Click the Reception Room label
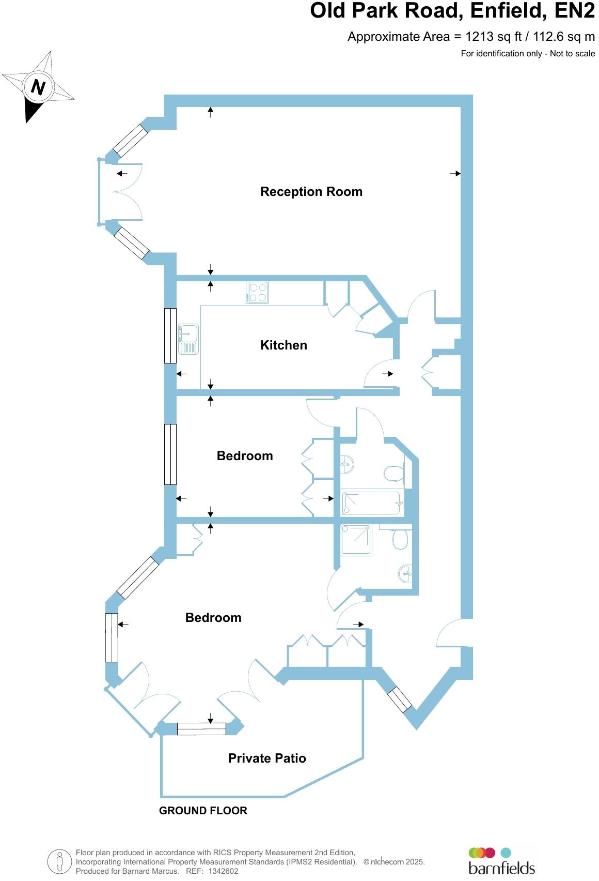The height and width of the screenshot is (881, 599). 311,192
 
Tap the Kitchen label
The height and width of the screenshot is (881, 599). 283,345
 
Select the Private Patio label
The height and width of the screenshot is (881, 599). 267,758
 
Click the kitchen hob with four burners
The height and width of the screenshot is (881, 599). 257,292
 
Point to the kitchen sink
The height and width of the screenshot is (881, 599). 188,339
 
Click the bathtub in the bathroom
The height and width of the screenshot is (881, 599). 371,503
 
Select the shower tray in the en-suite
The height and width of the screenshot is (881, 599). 356,540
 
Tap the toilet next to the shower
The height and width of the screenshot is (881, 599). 400,540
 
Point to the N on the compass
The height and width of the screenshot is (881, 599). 38,86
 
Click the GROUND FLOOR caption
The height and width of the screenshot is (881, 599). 203,811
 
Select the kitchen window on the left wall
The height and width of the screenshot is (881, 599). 170,336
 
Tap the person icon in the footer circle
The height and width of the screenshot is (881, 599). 59,862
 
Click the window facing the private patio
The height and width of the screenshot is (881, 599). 201,728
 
